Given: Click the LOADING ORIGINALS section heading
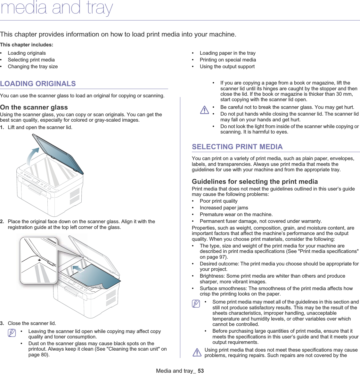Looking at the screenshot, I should [x=38, y=84].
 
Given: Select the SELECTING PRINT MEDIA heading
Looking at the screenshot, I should [x=237, y=147].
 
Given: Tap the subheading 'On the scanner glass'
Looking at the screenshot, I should [x=34, y=107].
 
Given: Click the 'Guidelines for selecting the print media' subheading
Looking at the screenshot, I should [x=255, y=182].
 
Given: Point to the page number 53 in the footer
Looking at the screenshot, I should [x=201, y=371].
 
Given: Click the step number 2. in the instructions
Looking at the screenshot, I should [x=2, y=222].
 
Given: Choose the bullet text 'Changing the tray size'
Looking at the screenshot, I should [x=33, y=67].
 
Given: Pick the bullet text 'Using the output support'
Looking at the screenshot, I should [x=227, y=67].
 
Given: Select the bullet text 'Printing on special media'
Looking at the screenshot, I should [x=228, y=60].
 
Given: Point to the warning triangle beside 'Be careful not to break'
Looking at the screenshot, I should [x=204, y=110].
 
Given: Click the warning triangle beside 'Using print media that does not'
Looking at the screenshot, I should [x=197, y=353].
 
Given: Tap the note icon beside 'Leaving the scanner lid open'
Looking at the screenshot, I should [x=12, y=333].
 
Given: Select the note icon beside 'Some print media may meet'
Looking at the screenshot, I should [x=196, y=304].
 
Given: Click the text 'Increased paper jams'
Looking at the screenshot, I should [x=224, y=208].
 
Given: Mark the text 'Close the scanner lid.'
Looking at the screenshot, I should [x=32, y=323].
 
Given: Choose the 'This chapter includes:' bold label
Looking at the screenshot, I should [x=27, y=45].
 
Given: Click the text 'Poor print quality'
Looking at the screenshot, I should [x=218, y=201].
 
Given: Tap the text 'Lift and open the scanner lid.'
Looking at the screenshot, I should [x=40, y=127].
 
